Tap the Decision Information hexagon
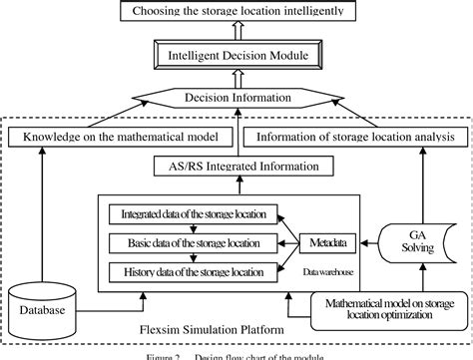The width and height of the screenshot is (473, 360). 236,99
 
